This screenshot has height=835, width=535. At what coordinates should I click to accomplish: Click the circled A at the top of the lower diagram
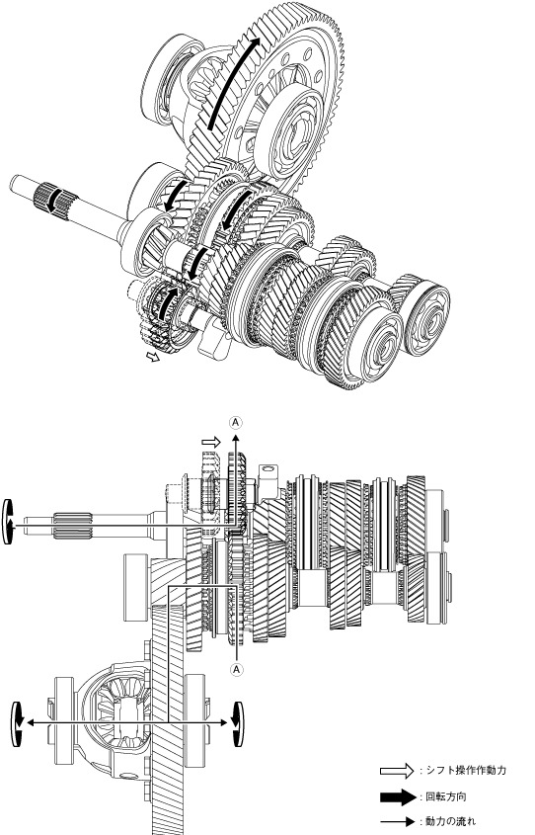(236, 423)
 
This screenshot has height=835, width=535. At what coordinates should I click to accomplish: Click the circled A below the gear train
(237, 669)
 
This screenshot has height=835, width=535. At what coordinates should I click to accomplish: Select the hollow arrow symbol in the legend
(397, 770)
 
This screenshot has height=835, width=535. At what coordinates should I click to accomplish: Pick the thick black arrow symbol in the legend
(397, 797)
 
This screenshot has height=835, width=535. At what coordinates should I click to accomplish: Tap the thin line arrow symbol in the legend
(397, 822)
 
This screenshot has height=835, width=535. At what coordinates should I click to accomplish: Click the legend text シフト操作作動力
(466, 770)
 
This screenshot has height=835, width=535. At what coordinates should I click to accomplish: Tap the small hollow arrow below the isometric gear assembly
(153, 356)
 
